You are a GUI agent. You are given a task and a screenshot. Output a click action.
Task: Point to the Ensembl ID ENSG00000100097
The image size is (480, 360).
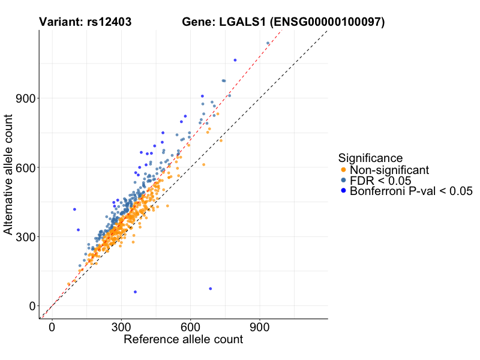coord(328,23)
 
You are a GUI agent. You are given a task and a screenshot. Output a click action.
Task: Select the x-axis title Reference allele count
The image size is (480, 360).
coord(183,340)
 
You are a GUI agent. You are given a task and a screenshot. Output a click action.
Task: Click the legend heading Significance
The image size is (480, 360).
coord(370,158)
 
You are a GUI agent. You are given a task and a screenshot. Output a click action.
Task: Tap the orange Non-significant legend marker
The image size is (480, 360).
coord(343,170)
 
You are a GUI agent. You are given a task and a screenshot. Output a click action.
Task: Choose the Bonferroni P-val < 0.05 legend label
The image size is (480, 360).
coord(412,191)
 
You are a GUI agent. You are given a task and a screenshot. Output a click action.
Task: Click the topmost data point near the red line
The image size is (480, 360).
coord(268,43)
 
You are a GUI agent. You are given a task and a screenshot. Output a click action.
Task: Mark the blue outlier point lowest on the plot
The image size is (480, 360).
coord(135,292)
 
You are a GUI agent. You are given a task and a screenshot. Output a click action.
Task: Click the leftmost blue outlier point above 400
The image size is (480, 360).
coord(74,209)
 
